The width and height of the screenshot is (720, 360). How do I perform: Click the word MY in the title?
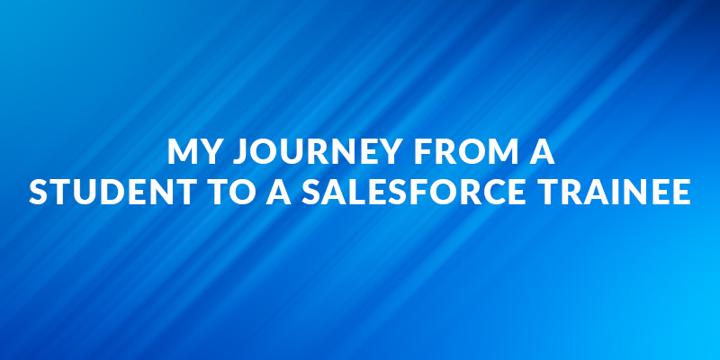pyautogui.click(x=194, y=151)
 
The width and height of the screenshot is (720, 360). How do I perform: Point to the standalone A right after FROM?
pyautogui.click(x=542, y=151)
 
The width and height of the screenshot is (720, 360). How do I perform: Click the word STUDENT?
pyautogui.click(x=113, y=192)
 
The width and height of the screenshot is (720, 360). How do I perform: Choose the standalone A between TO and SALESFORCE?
pyautogui.click(x=279, y=192)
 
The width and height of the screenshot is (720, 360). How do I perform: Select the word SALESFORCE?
pyautogui.click(x=414, y=192)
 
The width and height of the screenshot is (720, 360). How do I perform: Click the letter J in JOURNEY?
pyautogui.click(x=239, y=151)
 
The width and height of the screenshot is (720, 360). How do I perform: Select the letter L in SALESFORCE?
pyautogui.click(x=351, y=192)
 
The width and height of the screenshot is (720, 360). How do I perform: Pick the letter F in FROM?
pyautogui.click(x=423, y=151)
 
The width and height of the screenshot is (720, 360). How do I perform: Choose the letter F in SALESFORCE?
pyautogui.click(x=415, y=192)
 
